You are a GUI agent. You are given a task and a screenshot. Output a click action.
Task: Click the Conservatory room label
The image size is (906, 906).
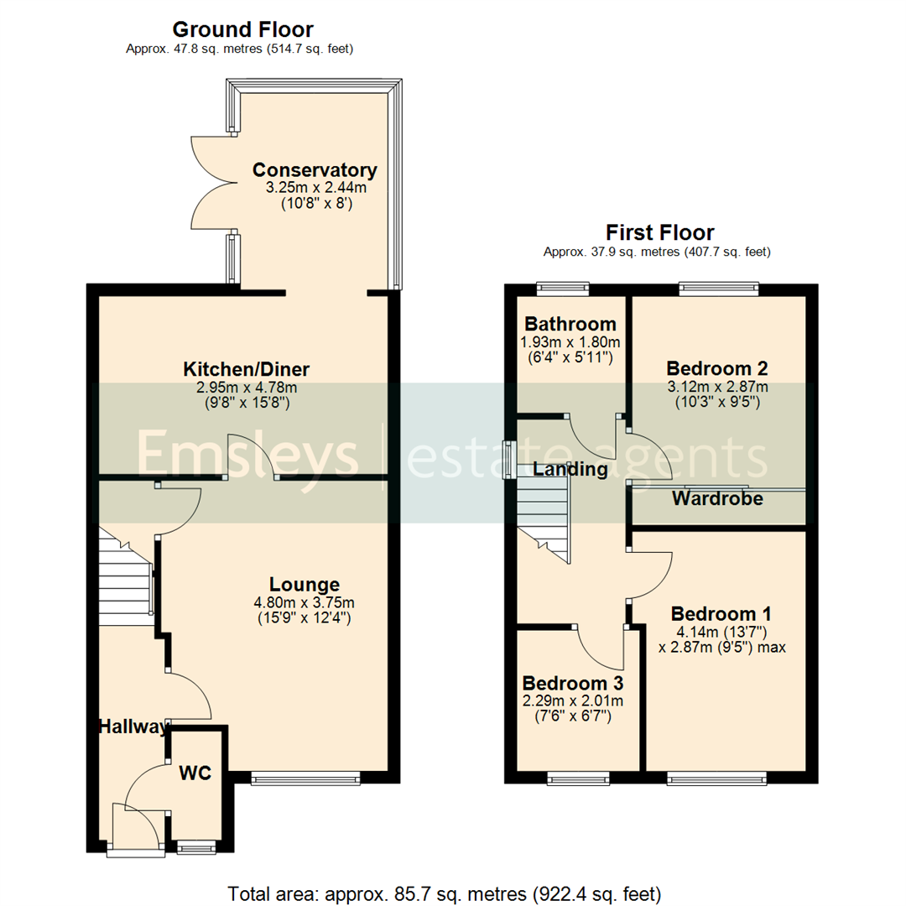[x=315, y=170]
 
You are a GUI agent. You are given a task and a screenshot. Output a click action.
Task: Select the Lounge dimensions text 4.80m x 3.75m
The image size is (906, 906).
[x=305, y=602]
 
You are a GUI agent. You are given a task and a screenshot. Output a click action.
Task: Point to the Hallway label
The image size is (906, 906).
[x=133, y=727]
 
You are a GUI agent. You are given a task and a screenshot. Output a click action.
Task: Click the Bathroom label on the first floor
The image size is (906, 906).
[x=570, y=325]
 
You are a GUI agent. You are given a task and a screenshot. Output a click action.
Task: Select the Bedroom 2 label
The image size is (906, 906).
[x=717, y=368]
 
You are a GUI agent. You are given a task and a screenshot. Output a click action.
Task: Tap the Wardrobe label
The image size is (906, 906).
[x=717, y=499]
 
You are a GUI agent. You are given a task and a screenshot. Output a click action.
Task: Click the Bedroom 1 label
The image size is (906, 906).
[x=721, y=612]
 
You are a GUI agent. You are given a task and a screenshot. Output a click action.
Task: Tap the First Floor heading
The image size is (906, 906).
[x=659, y=232]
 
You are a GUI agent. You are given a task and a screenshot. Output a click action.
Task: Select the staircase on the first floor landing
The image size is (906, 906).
[x=543, y=512]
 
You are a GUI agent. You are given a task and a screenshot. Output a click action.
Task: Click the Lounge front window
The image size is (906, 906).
[x=306, y=779]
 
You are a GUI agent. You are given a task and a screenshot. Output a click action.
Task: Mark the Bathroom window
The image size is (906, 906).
[x=563, y=289]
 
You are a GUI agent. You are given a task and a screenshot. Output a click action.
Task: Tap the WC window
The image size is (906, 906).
[x=195, y=848]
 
